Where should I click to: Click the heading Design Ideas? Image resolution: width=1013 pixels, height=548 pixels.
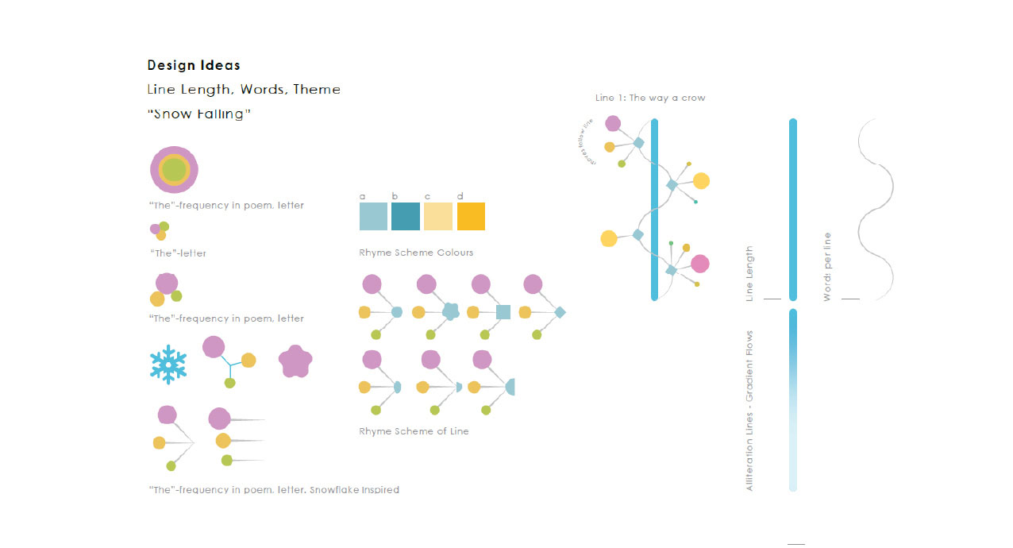click(194, 65)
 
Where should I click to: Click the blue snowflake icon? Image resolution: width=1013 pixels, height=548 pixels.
click(168, 365)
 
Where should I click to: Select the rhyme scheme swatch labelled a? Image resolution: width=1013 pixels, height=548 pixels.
click(373, 216)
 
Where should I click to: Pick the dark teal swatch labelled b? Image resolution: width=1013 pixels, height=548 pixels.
click(406, 216)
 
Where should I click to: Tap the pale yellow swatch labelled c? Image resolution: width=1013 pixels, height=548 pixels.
click(438, 216)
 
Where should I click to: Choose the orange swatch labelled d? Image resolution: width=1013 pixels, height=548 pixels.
click(471, 216)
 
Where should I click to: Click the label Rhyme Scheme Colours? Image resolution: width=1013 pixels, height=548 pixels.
click(416, 253)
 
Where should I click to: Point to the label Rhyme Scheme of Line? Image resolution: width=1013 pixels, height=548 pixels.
click(414, 431)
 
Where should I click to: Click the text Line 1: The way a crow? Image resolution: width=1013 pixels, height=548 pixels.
click(650, 98)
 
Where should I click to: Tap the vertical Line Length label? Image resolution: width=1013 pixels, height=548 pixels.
click(750, 273)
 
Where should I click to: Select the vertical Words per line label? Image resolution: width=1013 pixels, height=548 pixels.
click(827, 266)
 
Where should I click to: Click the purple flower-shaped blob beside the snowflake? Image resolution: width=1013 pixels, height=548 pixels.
click(295, 362)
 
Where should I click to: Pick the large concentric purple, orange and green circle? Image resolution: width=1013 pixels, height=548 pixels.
click(174, 169)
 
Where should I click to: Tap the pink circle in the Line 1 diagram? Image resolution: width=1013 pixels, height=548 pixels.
click(699, 264)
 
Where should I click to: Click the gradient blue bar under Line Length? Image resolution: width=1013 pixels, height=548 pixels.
click(793, 400)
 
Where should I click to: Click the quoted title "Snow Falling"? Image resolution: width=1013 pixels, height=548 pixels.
click(199, 114)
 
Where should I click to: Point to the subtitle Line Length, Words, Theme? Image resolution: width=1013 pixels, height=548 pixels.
click(244, 89)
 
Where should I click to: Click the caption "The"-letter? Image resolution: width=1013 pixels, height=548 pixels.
click(178, 253)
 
